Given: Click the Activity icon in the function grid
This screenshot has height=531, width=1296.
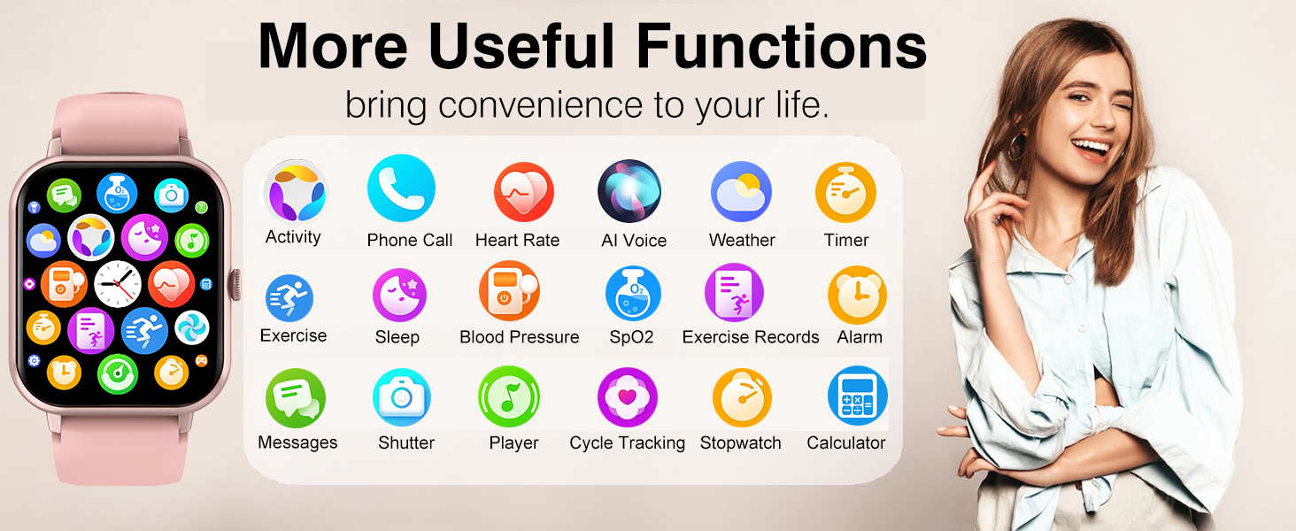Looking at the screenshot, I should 295,191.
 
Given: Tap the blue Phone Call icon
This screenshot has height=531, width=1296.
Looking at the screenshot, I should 401,188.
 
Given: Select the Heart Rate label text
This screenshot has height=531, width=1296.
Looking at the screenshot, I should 517,240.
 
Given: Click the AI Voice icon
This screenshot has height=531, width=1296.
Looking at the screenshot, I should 629,191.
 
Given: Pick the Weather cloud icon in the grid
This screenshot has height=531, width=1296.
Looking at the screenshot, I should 741,191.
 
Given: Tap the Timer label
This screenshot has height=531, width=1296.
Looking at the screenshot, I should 846,240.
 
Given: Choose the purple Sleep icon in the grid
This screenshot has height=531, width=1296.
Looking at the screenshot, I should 399,295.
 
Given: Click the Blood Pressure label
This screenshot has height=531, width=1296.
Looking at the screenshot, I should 519,337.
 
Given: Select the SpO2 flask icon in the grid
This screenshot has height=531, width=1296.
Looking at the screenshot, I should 633,294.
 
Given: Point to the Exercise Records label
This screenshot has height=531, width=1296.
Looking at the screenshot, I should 750,337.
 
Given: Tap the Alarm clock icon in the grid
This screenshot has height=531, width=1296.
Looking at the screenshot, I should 857,296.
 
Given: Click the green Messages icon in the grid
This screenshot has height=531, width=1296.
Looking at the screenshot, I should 296,398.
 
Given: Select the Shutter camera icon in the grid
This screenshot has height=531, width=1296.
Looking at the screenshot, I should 402,397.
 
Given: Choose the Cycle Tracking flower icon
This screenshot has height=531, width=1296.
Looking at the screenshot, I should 628,397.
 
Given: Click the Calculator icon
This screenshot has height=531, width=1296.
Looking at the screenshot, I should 857,396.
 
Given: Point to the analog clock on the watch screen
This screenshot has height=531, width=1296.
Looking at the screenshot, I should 118,284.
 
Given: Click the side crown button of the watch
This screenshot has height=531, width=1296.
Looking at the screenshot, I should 235,283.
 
